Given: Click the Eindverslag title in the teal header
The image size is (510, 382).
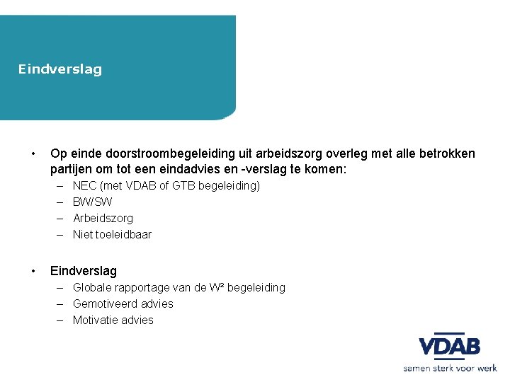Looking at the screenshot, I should click(x=60, y=69).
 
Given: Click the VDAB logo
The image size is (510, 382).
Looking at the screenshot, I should click(x=450, y=347).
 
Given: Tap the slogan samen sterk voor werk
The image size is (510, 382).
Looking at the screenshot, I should click(x=450, y=368).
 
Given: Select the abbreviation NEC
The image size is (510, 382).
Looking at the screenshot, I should click(x=85, y=186).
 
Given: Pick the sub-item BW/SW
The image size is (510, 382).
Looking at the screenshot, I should click(x=93, y=202).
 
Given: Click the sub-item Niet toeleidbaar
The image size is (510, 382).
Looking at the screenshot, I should click(x=112, y=234).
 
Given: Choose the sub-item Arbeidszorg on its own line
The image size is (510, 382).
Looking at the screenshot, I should click(x=103, y=219).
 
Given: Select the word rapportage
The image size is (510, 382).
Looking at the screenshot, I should click(x=142, y=288).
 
